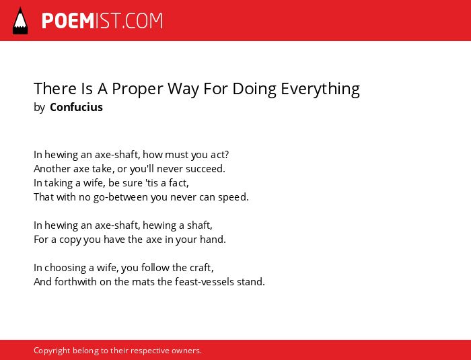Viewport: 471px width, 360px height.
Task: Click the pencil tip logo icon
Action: (20, 21)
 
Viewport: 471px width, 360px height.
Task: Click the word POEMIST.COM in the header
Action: (102, 21)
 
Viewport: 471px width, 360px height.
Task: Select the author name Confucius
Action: (76, 107)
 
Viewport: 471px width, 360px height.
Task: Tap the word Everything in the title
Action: (320, 89)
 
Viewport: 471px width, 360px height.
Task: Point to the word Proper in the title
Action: (138, 89)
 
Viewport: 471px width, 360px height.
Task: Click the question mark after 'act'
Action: (226, 155)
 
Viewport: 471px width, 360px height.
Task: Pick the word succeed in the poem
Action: (205, 169)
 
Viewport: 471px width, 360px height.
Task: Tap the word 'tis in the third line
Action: (152, 183)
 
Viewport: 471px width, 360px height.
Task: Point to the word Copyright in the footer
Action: (52, 351)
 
